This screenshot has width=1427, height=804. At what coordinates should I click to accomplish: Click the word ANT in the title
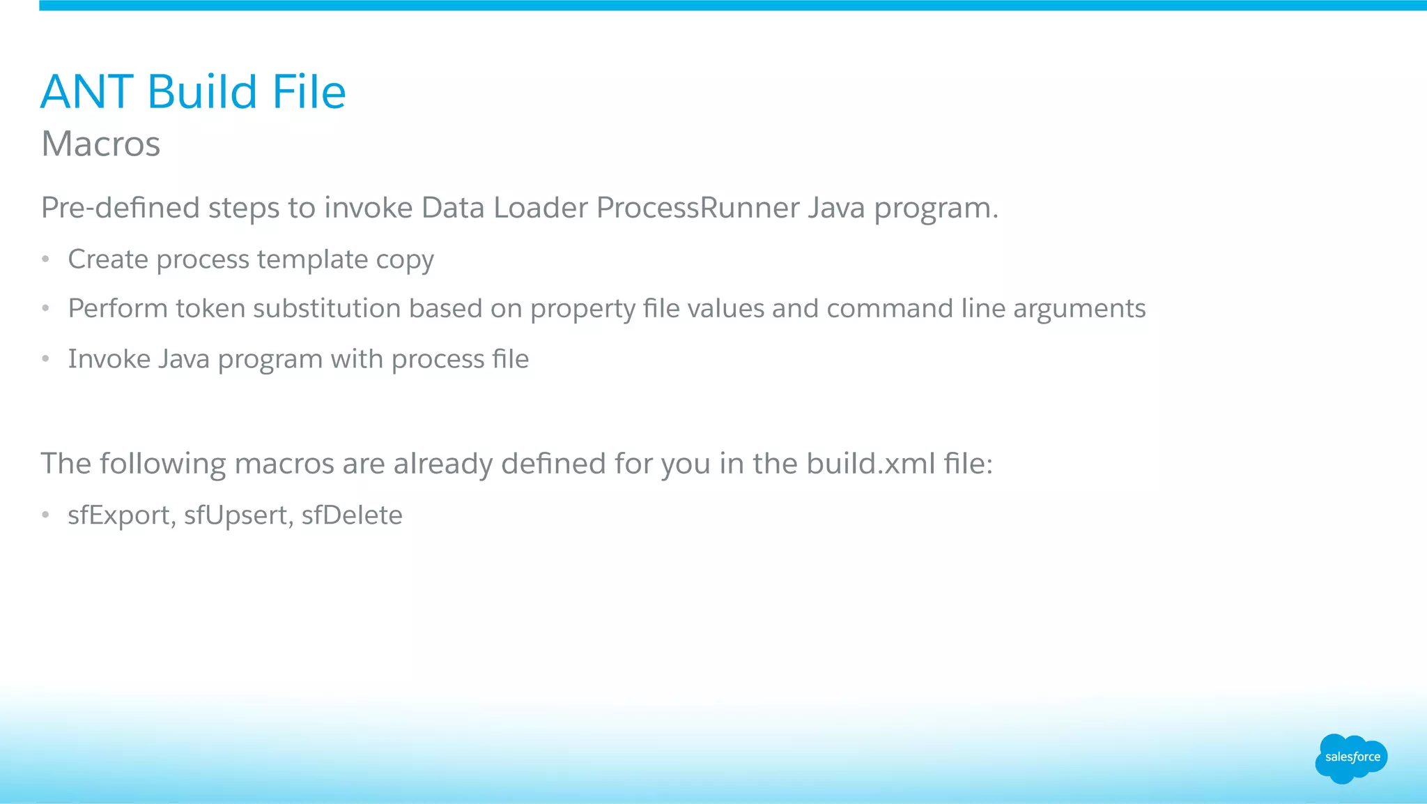[x=87, y=92]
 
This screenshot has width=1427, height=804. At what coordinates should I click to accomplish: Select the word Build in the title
[x=203, y=92]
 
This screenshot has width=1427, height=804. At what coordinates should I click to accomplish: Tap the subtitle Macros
[x=101, y=144]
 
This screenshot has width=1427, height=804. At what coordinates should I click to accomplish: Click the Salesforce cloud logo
[x=1351, y=758]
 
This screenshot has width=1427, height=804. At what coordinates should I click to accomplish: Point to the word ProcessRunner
[x=698, y=208]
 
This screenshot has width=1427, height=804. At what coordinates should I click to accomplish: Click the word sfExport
[x=120, y=515]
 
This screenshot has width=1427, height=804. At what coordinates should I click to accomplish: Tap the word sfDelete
[x=352, y=515]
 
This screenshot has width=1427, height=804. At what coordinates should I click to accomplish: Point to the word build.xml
[x=871, y=464]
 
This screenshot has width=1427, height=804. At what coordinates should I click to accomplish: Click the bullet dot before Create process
[x=46, y=259]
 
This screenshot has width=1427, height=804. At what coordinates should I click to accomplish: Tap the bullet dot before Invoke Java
[x=46, y=359]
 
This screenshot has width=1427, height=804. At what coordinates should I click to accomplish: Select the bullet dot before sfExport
[x=46, y=515]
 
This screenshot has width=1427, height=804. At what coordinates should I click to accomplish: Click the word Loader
[x=540, y=208]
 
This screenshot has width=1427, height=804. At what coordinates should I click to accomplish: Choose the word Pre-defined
[x=121, y=208]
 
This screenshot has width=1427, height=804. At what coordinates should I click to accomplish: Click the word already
[x=442, y=464]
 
